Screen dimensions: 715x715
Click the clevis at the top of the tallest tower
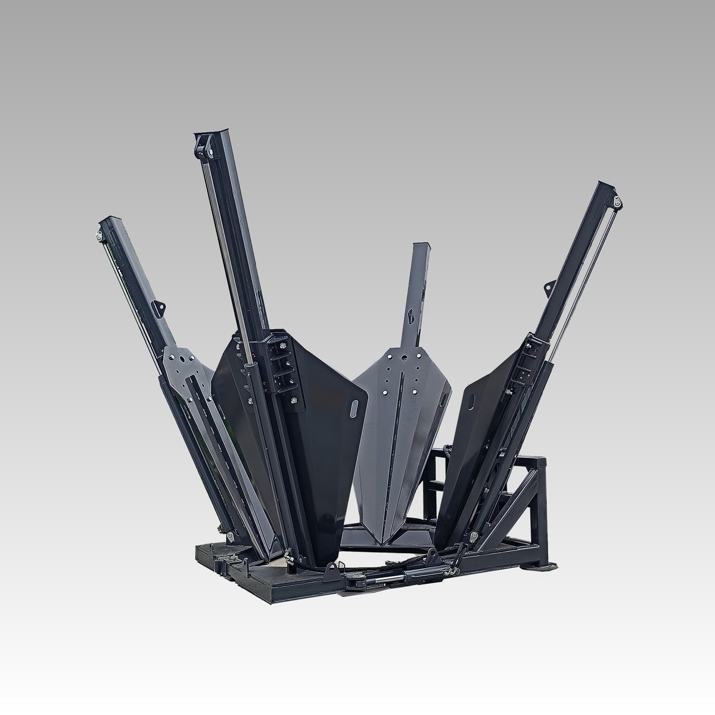[x=204, y=146]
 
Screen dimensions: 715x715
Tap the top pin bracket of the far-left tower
[x=99, y=235]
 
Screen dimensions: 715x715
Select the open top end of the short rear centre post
[x=420, y=246]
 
